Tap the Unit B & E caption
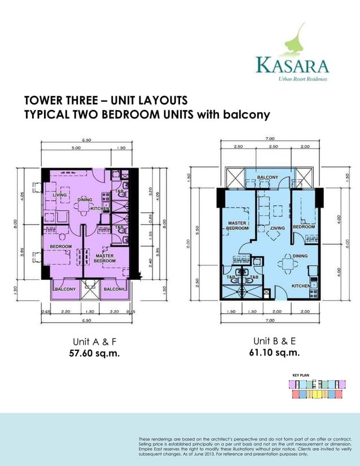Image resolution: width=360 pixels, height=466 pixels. click(274, 341)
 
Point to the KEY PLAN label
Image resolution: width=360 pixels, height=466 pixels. click(301, 375)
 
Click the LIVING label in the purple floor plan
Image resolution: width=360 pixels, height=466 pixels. click(60, 195)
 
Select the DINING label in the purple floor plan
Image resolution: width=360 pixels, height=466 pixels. click(85, 200)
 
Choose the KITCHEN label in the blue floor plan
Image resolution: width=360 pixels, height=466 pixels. click(301, 286)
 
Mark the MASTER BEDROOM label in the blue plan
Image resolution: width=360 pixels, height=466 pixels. click(237, 226)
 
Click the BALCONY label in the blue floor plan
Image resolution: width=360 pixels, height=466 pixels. click(267, 178)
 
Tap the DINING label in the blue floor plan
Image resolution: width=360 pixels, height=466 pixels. click(300, 256)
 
